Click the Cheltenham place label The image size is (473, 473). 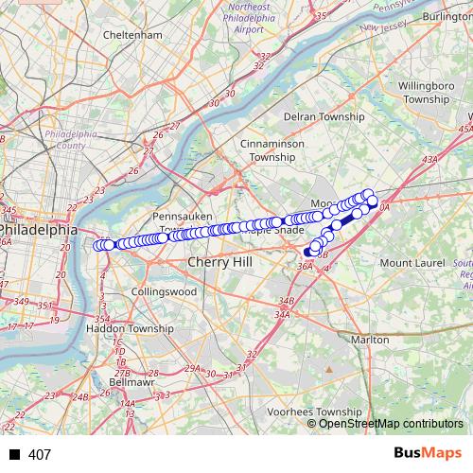pyautogui.click(x=134, y=35)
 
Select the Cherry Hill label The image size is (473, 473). pyautogui.click(x=221, y=261)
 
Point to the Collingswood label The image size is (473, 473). pyautogui.click(x=165, y=291)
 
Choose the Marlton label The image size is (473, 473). pyautogui.click(x=369, y=339)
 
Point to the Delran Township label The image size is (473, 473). pyautogui.click(x=324, y=116)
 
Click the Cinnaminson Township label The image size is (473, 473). pyautogui.click(x=273, y=150)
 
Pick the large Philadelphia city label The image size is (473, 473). pyautogui.click(x=38, y=229)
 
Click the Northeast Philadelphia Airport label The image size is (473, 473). pyautogui.click(x=235, y=18)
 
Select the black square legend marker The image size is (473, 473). pyautogui.click(x=13, y=455)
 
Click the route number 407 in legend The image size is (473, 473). pyautogui.click(x=40, y=455)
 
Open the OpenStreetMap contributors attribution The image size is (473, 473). pyautogui.click(x=391, y=423)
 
